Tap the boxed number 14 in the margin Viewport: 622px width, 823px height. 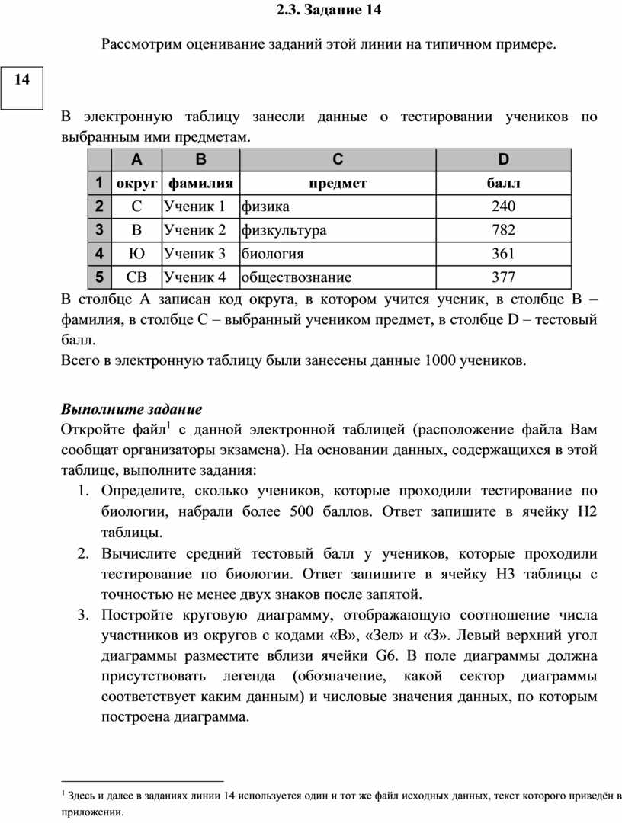(22, 79)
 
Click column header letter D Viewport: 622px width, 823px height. (503, 159)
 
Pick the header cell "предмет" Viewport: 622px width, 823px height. (338, 183)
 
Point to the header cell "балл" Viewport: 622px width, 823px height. (503, 183)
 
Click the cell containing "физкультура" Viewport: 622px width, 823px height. (284, 230)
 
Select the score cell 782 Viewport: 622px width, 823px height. (503, 230)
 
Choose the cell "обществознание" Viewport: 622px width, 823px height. (297, 277)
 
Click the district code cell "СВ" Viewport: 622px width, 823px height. (136, 277)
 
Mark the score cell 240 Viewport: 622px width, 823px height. (503, 207)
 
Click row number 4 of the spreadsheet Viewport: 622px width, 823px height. (99, 254)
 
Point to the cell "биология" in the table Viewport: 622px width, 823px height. (272, 254)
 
